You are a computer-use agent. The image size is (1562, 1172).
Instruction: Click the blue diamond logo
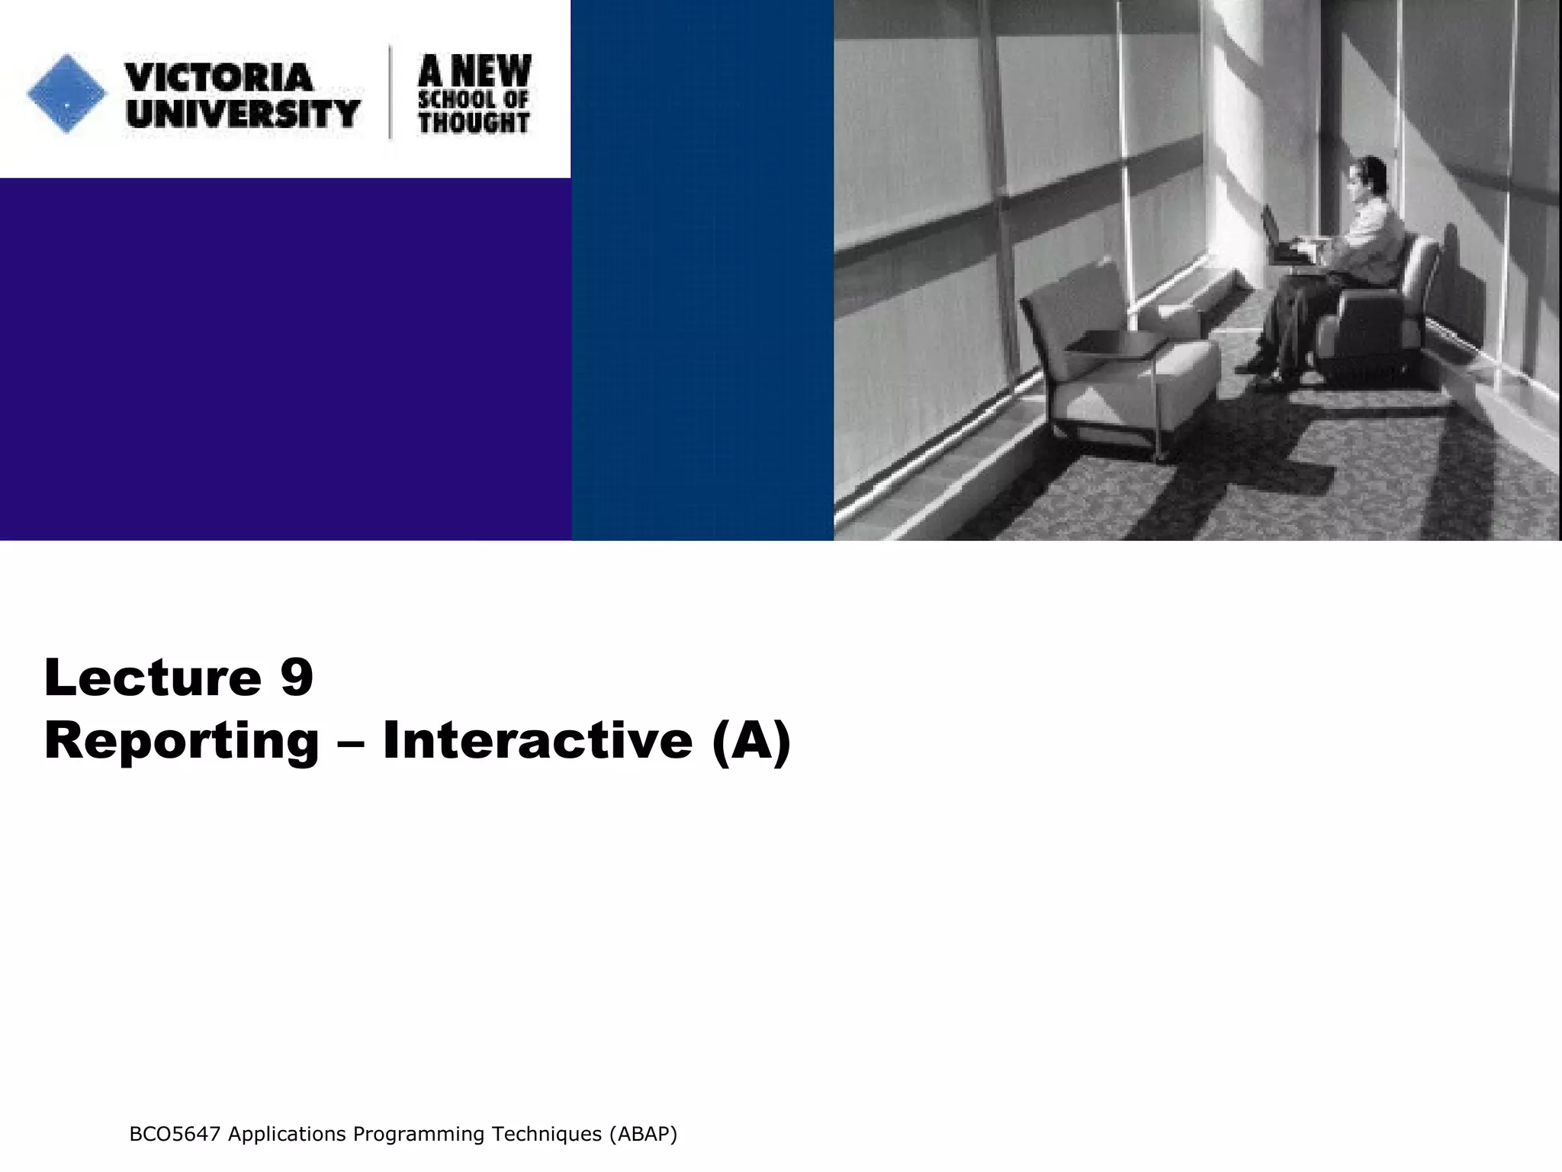[66, 94]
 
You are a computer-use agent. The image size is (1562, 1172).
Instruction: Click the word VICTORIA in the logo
[219, 77]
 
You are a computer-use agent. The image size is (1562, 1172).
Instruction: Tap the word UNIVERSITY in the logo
[243, 114]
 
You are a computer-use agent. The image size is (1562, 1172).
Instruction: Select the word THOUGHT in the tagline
[474, 122]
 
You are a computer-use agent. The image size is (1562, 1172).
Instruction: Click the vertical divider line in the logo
[391, 92]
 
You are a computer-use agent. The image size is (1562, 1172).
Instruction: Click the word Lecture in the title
[153, 677]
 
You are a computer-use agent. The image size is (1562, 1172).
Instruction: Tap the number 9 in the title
[297, 677]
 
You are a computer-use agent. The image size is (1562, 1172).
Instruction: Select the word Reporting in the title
[182, 741]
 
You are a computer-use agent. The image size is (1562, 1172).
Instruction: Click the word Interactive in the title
[537, 739]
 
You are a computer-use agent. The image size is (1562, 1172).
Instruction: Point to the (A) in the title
[751, 741]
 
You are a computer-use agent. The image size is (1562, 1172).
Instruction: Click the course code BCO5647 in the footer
[175, 1135]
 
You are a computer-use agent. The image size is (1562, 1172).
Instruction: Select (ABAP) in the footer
[642, 1135]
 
